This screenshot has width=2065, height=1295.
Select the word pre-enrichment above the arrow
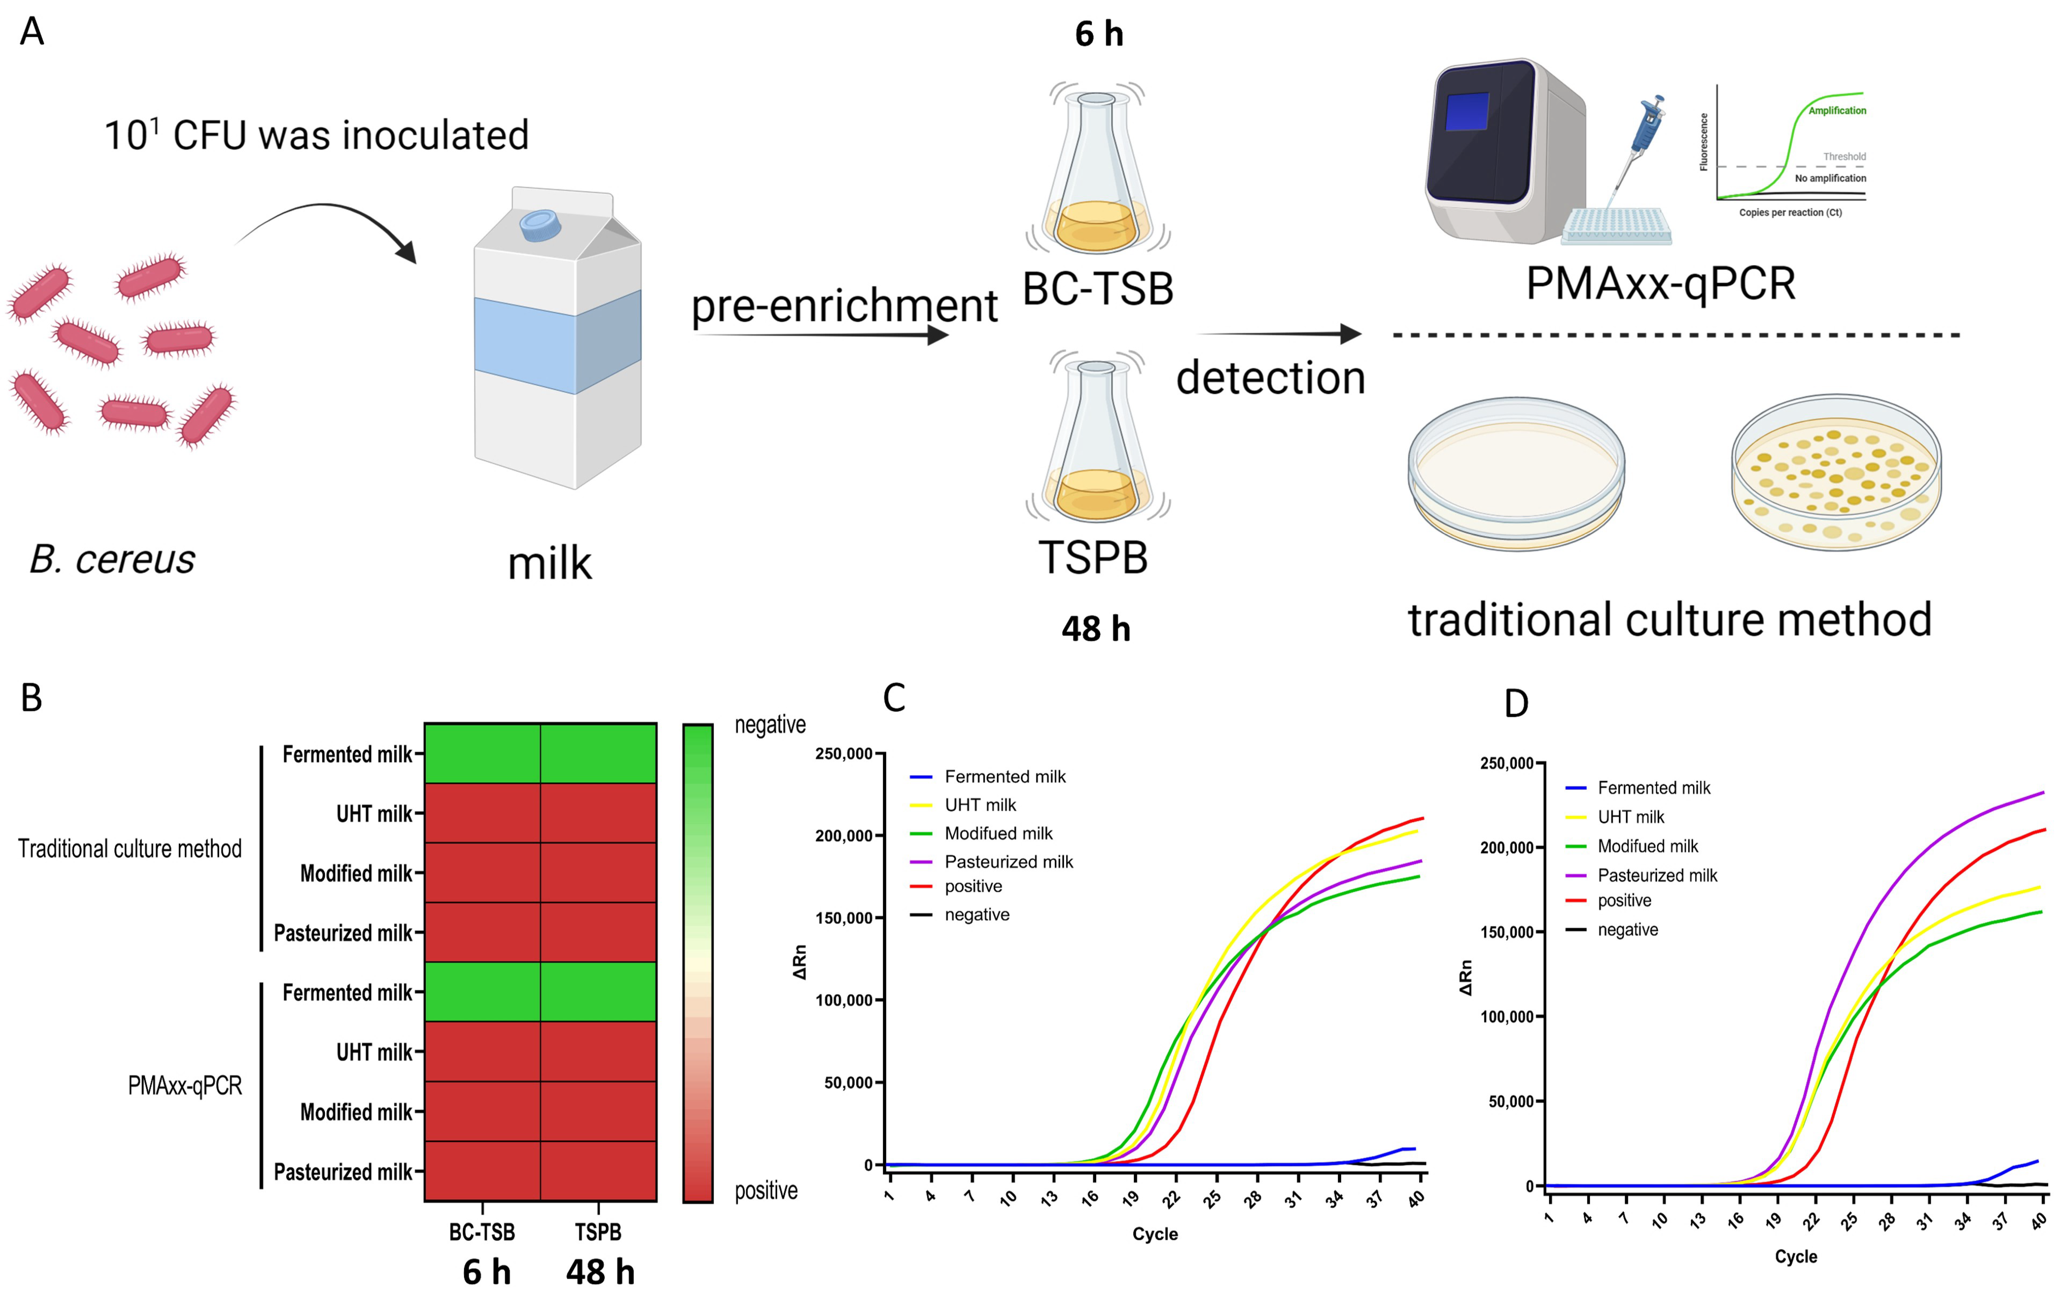844,306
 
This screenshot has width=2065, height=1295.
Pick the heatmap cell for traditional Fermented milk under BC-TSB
482,754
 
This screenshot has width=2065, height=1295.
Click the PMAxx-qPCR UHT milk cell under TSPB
599,1052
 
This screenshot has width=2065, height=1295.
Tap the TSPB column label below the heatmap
598,1232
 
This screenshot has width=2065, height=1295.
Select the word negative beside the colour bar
770,725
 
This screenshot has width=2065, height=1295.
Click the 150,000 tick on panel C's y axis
843,918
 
